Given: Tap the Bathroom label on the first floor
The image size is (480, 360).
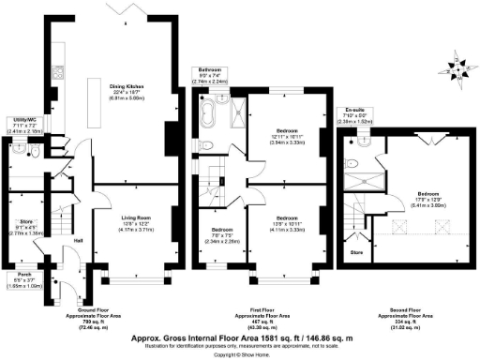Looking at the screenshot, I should pos(210,74).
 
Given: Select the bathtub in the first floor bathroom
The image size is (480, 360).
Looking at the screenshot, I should pos(207,115).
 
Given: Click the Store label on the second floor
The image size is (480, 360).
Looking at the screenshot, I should pos(356,251).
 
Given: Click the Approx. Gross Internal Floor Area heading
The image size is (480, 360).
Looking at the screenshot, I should pos(240,320).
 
